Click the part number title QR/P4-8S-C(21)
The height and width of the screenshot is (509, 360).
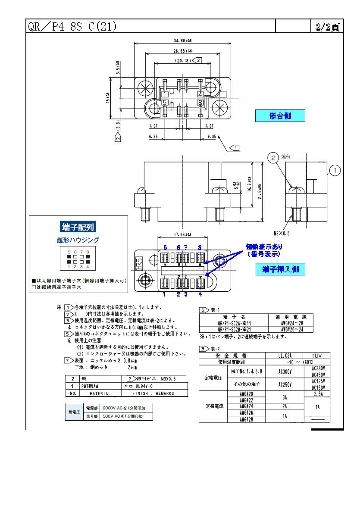click(72, 27)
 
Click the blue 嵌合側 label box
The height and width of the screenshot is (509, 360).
click(280, 116)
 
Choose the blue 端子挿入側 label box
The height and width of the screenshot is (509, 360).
click(281, 270)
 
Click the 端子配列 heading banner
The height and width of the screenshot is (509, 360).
click(78, 227)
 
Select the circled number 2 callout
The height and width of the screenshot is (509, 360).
click(273, 158)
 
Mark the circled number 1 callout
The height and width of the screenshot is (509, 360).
click(335, 171)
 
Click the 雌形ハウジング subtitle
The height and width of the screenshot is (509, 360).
click(78, 240)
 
